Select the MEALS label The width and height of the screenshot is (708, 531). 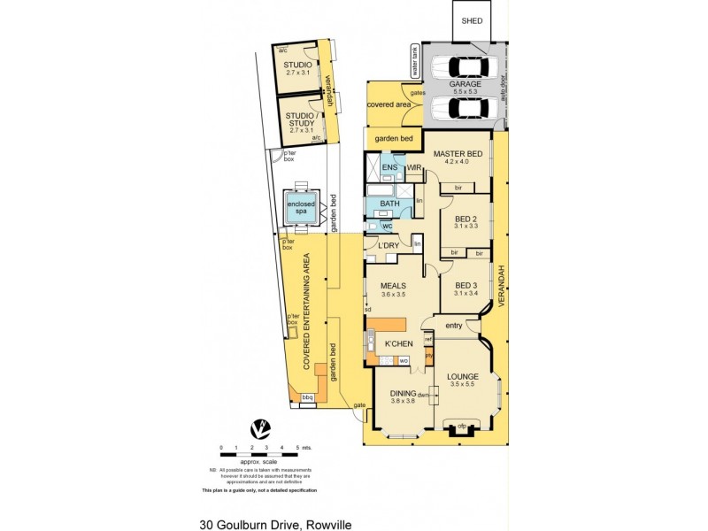393,286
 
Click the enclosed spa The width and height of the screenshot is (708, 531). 299,210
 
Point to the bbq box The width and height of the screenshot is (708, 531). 308,398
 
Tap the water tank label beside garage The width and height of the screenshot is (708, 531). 412,61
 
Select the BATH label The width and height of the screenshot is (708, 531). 390,204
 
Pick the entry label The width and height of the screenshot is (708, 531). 454,327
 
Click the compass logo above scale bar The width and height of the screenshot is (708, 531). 259,429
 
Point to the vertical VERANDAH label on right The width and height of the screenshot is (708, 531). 500,287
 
